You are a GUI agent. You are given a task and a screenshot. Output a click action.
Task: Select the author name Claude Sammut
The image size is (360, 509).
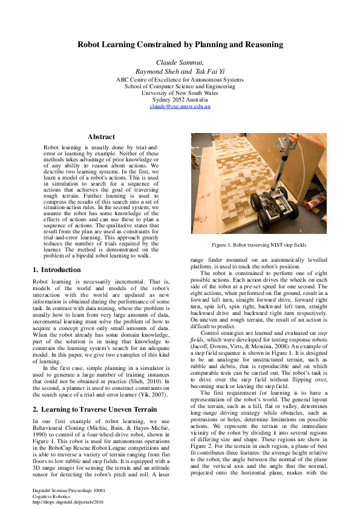179,62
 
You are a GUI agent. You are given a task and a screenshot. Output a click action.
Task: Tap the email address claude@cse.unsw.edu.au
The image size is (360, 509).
180,106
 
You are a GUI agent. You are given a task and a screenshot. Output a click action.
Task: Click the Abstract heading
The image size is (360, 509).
101,137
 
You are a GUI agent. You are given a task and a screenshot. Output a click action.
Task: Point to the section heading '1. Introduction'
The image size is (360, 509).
56,270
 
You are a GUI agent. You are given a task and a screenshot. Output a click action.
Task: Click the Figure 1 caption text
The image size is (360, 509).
259,244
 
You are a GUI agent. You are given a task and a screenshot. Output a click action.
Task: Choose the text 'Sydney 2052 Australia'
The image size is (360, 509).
180,99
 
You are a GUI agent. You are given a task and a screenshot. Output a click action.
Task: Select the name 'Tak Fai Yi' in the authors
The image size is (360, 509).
209,71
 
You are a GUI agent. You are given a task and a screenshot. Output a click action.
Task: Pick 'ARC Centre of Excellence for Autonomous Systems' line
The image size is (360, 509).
180,79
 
